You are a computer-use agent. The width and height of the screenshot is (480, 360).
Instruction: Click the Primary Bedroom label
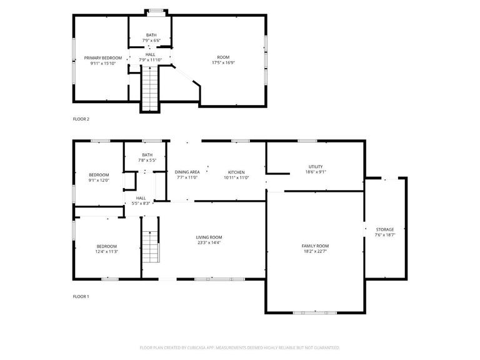click(x=103, y=57)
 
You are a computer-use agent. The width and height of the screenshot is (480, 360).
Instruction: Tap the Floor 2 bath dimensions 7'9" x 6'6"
click(x=151, y=41)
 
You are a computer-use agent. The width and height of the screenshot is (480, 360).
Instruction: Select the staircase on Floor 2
click(x=150, y=88)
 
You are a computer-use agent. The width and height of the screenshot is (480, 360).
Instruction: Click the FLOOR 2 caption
click(x=81, y=119)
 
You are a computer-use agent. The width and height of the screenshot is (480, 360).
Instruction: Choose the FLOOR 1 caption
click(x=81, y=296)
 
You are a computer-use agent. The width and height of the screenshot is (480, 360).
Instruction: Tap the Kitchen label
click(x=236, y=172)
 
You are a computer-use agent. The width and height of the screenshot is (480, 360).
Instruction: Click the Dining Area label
click(x=186, y=172)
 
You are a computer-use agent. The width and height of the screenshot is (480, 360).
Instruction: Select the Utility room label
click(x=315, y=166)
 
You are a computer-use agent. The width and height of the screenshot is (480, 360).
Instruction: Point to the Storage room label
click(x=385, y=229)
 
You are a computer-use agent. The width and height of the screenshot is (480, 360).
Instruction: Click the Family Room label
click(x=315, y=246)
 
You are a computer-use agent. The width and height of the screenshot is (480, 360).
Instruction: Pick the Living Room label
click(x=209, y=237)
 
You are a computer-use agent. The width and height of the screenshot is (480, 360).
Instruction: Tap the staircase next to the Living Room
click(x=150, y=246)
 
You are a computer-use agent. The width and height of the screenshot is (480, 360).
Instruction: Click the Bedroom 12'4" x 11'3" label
click(x=107, y=246)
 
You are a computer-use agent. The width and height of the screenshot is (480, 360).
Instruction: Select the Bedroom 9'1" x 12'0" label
click(x=99, y=174)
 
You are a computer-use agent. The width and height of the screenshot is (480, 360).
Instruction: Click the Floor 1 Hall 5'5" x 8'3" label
click(x=141, y=198)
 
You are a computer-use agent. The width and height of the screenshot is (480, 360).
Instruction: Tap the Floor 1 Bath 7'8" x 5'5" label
click(x=147, y=155)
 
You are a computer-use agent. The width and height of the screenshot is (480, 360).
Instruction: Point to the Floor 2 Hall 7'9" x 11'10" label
click(x=151, y=54)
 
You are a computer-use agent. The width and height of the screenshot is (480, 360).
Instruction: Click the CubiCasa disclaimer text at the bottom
click(x=240, y=347)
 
